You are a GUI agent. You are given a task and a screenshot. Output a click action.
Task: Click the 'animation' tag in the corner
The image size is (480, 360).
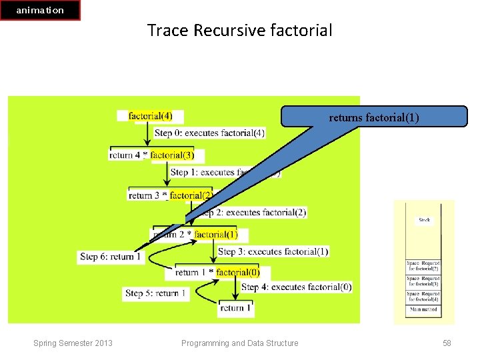click(x=40, y=10)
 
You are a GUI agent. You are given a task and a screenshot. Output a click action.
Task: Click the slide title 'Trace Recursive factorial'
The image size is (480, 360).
click(x=239, y=31)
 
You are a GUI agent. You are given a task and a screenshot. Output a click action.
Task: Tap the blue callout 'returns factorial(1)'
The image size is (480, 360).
click(x=374, y=117)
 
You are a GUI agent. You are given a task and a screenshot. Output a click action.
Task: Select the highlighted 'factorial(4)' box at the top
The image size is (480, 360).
click(x=150, y=116)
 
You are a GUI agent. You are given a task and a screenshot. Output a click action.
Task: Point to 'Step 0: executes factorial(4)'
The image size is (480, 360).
click(x=209, y=133)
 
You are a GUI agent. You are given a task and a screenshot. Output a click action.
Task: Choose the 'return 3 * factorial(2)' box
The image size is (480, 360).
click(x=171, y=195)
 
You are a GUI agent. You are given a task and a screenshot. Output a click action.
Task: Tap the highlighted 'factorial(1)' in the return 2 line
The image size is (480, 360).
click(x=216, y=235)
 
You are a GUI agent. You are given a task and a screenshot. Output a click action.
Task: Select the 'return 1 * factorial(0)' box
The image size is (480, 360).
click(x=216, y=272)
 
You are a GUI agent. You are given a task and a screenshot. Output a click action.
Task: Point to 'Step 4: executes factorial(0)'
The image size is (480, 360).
click(x=296, y=287)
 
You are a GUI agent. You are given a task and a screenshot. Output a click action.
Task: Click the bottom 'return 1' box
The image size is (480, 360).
click(x=236, y=308)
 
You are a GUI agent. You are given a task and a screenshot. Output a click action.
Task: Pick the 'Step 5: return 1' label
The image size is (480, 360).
click(x=156, y=293)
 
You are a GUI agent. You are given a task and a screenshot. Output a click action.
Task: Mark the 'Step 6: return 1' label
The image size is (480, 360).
click(x=111, y=256)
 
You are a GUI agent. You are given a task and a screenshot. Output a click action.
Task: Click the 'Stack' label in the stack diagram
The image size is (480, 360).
click(x=424, y=219)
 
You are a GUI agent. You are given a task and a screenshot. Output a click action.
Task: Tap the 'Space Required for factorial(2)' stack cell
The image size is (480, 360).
click(x=423, y=265)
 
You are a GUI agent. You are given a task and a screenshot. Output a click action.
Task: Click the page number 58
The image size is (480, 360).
click(x=447, y=343)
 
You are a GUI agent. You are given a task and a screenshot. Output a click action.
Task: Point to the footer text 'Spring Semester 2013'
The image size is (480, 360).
click(x=73, y=343)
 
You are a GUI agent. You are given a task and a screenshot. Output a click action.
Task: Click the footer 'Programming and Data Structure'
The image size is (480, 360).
click(x=239, y=343)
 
